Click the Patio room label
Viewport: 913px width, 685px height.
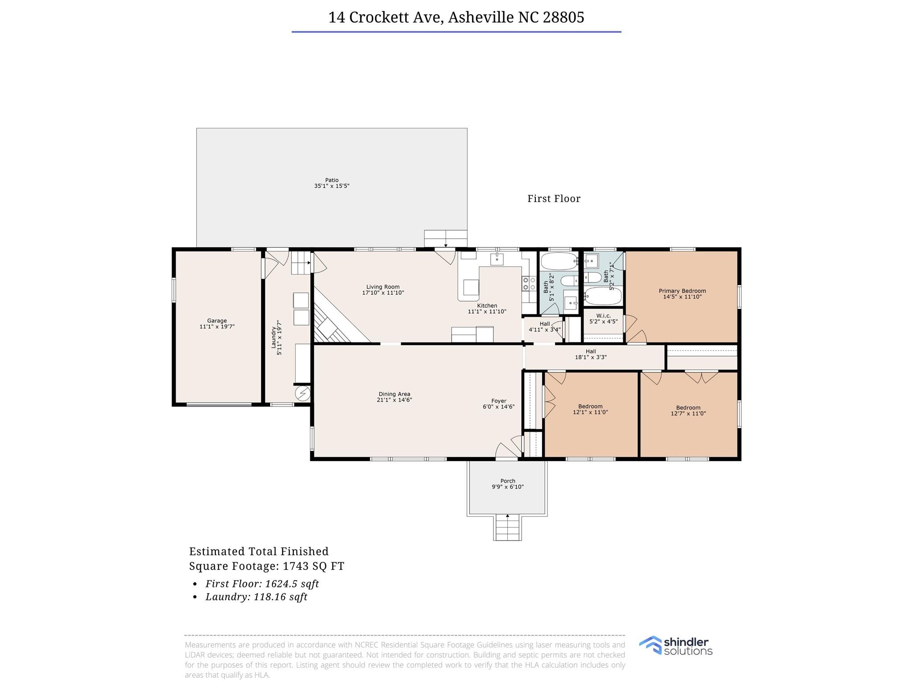pyautogui.click(x=332, y=180)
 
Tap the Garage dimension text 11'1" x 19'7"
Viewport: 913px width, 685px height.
pyautogui.click(x=217, y=327)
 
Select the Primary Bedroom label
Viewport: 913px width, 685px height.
pyautogui.click(x=682, y=291)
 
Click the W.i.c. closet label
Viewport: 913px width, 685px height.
pyautogui.click(x=603, y=316)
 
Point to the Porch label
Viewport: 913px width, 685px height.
pyautogui.click(x=508, y=481)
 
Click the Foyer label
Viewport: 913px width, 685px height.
pyautogui.click(x=498, y=401)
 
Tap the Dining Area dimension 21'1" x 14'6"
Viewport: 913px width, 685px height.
pyautogui.click(x=394, y=400)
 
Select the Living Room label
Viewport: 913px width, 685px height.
pyautogui.click(x=383, y=287)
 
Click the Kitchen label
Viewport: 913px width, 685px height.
pyautogui.click(x=487, y=305)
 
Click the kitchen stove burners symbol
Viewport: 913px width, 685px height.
pyautogui.click(x=529, y=283)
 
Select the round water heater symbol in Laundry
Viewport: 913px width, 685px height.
pyautogui.click(x=303, y=394)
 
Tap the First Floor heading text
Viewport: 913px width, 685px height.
pyautogui.click(x=554, y=199)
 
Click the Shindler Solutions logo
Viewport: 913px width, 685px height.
pyautogui.click(x=675, y=646)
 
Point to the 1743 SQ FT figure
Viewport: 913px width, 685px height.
pyautogui.click(x=313, y=566)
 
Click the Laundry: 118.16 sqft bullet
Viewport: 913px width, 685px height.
pyautogui.click(x=256, y=597)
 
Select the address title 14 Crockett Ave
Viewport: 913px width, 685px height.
pyautogui.click(x=456, y=17)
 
